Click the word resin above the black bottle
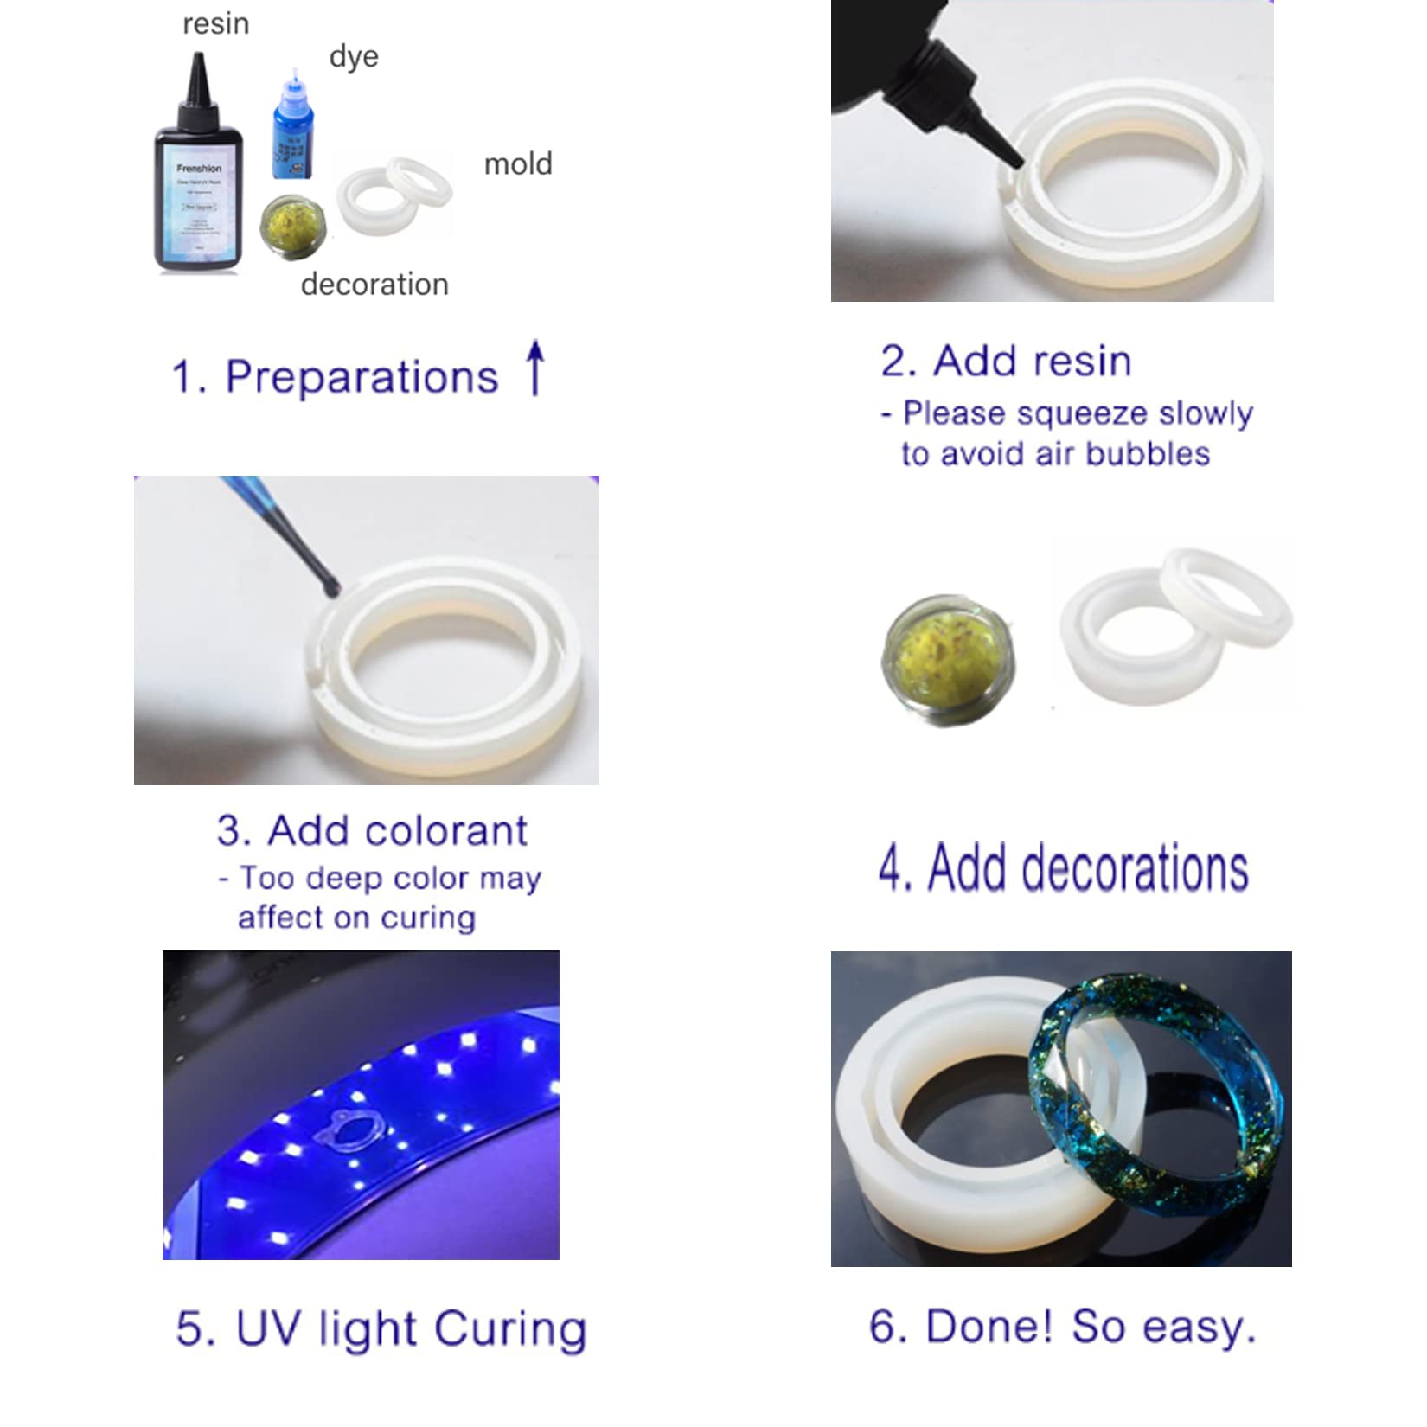pyautogui.click(x=215, y=24)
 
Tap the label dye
pyautogui.click(x=354, y=57)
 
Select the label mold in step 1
pyautogui.click(x=517, y=164)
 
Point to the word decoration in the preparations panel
pyautogui.click(x=374, y=285)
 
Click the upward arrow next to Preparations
pyautogui.click(x=536, y=368)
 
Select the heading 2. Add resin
pyautogui.click(x=1006, y=361)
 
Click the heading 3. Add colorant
pyautogui.click(x=372, y=831)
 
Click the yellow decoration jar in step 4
pyautogui.click(x=948, y=657)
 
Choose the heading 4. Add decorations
pyautogui.click(x=1064, y=868)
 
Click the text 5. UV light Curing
pyautogui.click(x=381, y=1329)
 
